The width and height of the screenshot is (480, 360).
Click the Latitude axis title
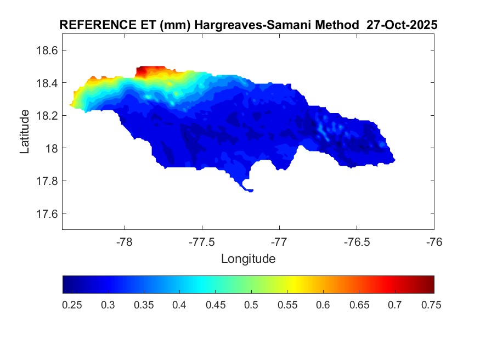(x=25, y=131)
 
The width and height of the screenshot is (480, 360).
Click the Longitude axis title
(x=248, y=258)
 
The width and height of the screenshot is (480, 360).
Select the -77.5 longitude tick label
(x=202, y=242)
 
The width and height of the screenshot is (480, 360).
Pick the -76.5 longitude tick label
(x=357, y=242)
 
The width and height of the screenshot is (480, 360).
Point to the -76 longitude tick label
(x=434, y=242)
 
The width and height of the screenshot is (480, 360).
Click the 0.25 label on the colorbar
(x=72, y=305)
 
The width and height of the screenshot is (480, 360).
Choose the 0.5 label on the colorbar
(x=251, y=305)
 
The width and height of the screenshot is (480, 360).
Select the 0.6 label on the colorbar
(x=323, y=305)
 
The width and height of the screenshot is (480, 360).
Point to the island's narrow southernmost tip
(x=250, y=190)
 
